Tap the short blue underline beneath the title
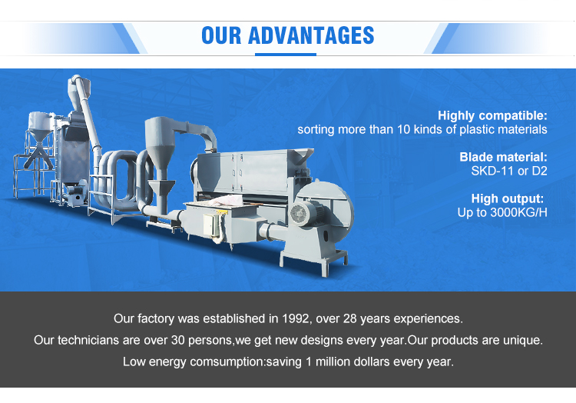click(287, 54)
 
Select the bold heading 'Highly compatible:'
click(492, 116)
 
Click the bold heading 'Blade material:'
click(503, 157)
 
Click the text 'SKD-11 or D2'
click(508, 171)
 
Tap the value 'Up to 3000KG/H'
click(502, 211)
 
